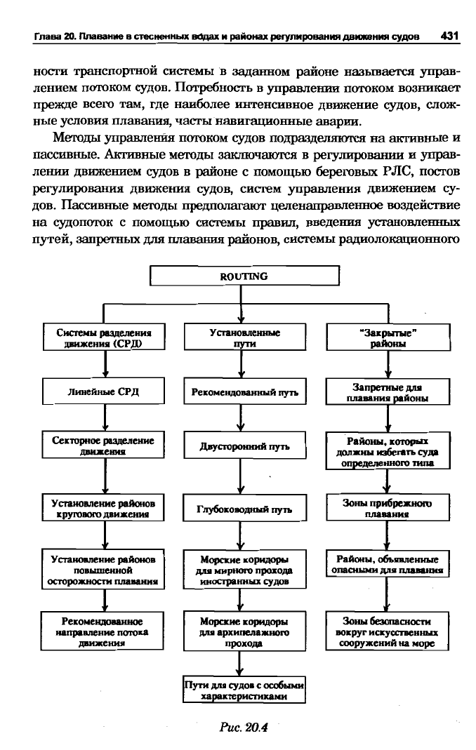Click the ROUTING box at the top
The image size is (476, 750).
245,276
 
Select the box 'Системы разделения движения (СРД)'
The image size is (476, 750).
103,337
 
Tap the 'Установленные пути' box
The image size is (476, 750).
245,337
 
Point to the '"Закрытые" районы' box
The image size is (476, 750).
388,337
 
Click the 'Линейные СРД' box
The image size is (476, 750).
103,391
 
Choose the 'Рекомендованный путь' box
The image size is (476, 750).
245,392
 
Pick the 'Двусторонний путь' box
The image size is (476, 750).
245,446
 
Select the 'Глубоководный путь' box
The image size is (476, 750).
245,509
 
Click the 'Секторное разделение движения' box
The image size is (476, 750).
103,446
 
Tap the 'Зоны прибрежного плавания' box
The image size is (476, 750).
388,508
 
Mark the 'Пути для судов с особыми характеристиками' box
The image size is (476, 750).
244,690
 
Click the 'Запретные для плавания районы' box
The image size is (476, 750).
388,392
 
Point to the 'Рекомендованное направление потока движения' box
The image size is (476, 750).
102,631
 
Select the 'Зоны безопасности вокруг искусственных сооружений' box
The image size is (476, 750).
388,631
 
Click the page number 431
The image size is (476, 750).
449,36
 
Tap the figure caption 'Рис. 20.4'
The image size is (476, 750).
244,728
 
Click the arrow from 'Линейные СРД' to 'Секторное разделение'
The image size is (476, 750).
105,418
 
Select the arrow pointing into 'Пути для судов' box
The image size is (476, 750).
241,664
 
